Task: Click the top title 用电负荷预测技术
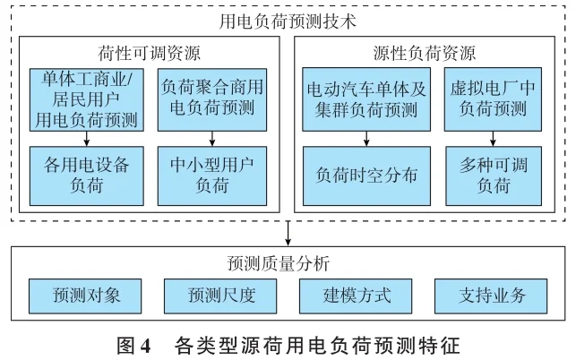pyautogui.click(x=287, y=19)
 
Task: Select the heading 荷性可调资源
pyautogui.click(x=149, y=51)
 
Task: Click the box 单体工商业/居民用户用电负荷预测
pyautogui.click(x=86, y=98)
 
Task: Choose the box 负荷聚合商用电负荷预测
pyautogui.click(x=211, y=98)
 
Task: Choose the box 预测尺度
pyautogui.click(x=219, y=294)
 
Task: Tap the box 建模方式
pyautogui.click(x=356, y=294)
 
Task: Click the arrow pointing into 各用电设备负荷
pyautogui.click(x=86, y=138)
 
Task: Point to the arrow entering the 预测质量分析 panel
pyautogui.click(x=288, y=236)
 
